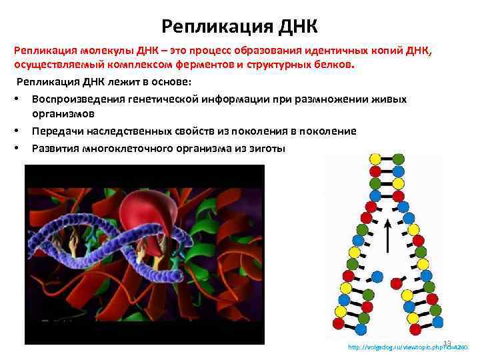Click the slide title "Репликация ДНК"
240,27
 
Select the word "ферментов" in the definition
191,67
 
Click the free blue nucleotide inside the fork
377,275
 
